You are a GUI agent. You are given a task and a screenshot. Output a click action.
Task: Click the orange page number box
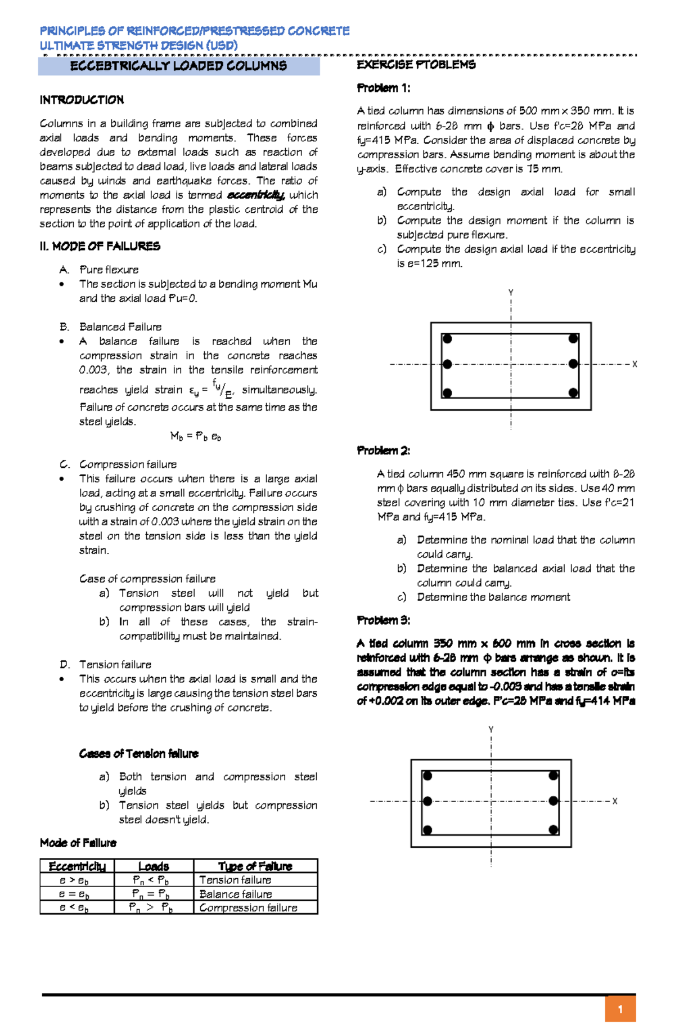coord(620,1009)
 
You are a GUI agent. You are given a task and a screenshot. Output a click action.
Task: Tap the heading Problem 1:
coord(384,88)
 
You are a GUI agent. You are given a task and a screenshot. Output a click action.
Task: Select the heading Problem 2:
coord(384,450)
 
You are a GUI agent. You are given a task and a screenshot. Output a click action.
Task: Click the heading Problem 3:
coord(384,620)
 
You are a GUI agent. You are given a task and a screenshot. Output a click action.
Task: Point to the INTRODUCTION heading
coord(82,100)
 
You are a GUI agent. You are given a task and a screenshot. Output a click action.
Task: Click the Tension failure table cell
coord(235,880)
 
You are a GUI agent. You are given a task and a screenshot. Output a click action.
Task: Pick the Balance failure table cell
coord(235,894)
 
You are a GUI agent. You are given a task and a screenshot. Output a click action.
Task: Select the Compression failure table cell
coord(248,907)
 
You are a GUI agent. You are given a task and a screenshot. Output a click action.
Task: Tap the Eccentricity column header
coord(77,866)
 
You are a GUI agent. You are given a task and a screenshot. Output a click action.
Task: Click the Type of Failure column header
coord(255,866)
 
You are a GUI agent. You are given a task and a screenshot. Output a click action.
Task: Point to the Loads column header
coord(154,866)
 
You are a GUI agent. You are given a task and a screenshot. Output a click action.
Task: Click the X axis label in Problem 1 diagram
coord(634,364)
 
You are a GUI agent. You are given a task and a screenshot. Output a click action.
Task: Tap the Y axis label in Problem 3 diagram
coord(491,730)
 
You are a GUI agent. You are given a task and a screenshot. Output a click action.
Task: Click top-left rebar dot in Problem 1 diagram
coord(447,339)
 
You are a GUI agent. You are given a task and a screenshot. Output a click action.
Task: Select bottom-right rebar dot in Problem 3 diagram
coord(553,830)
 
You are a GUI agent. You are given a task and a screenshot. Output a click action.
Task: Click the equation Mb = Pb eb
coord(196,436)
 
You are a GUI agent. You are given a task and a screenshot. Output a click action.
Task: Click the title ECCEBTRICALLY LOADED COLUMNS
coord(178,66)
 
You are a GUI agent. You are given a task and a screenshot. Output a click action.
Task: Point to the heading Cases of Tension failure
coord(138,754)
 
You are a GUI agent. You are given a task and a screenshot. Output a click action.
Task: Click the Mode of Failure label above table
coord(78,843)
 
